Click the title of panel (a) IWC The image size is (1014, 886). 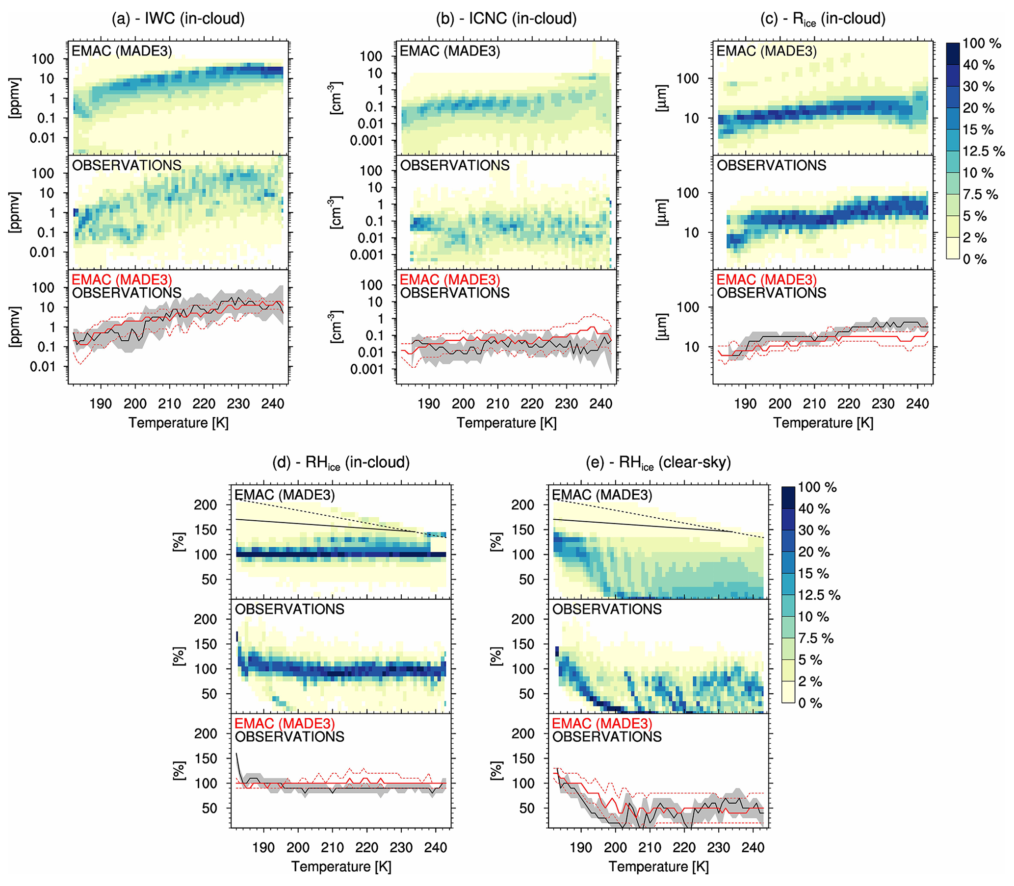point(178,19)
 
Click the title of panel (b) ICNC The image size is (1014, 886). point(506,19)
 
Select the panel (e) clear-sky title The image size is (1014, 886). point(658,463)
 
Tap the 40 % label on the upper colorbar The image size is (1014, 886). point(978,65)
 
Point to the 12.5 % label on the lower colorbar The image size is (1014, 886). point(819,595)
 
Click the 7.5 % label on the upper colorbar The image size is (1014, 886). point(980,194)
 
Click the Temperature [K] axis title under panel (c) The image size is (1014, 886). point(823,423)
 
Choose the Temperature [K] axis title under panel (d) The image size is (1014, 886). point(341,867)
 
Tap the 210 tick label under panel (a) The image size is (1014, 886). point(169,404)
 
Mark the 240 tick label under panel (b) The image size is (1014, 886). point(600,404)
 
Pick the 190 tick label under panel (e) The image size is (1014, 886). point(581,848)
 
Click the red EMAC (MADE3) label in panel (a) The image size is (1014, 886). point(122,280)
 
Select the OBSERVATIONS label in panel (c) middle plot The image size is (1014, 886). point(772,165)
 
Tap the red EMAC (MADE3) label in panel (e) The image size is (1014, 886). point(602,724)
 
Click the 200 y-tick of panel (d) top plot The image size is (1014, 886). point(205,505)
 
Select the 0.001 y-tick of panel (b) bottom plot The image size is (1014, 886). point(366,369)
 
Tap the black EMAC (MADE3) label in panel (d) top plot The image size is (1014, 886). point(285,495)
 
